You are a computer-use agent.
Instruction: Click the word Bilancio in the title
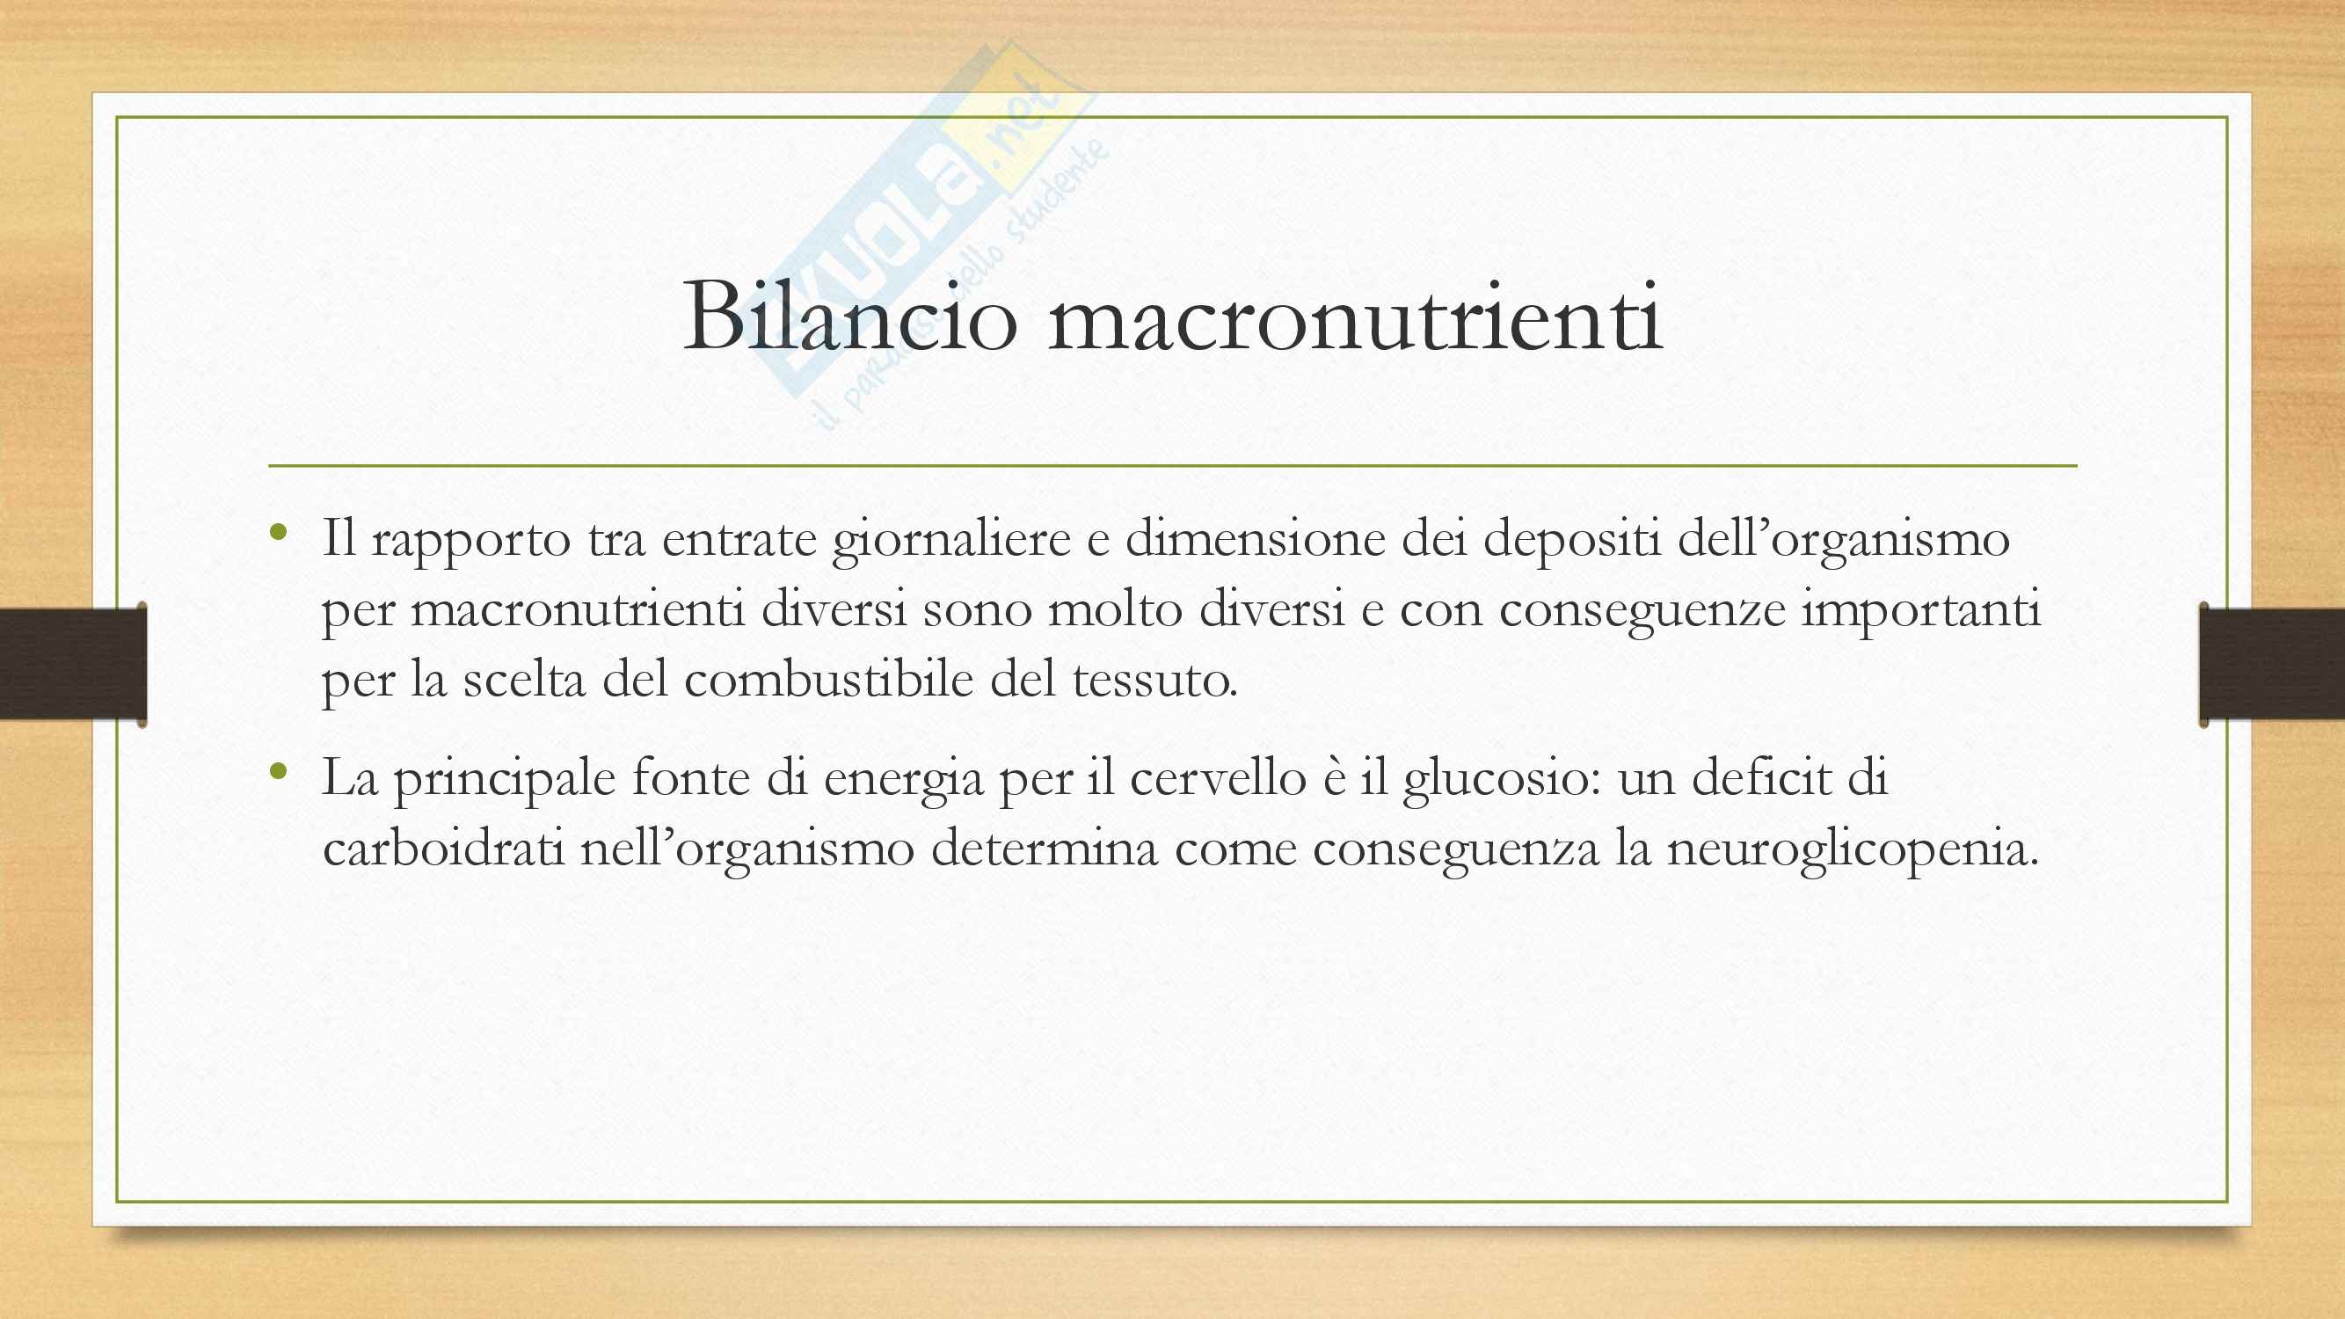849,316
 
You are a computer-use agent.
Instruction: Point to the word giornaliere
950,540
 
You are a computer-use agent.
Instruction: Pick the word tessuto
1154,680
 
